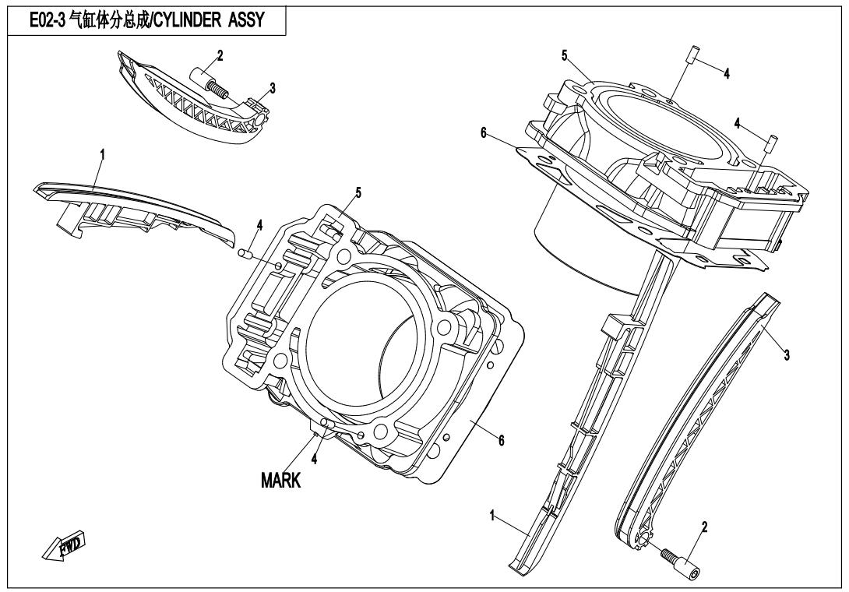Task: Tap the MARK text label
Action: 281,481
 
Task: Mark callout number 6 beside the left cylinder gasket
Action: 501,441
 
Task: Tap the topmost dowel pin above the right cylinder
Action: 691,56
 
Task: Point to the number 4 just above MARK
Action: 315,459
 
